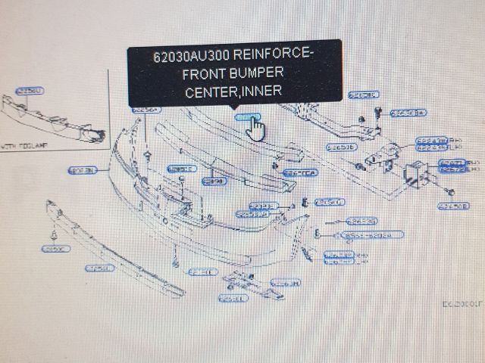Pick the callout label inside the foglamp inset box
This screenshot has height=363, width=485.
(30, 91)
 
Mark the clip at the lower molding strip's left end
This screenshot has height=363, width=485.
(55, 229)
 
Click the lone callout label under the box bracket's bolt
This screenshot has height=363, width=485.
(454, 204)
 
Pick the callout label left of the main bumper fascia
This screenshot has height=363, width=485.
(83, 170)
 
